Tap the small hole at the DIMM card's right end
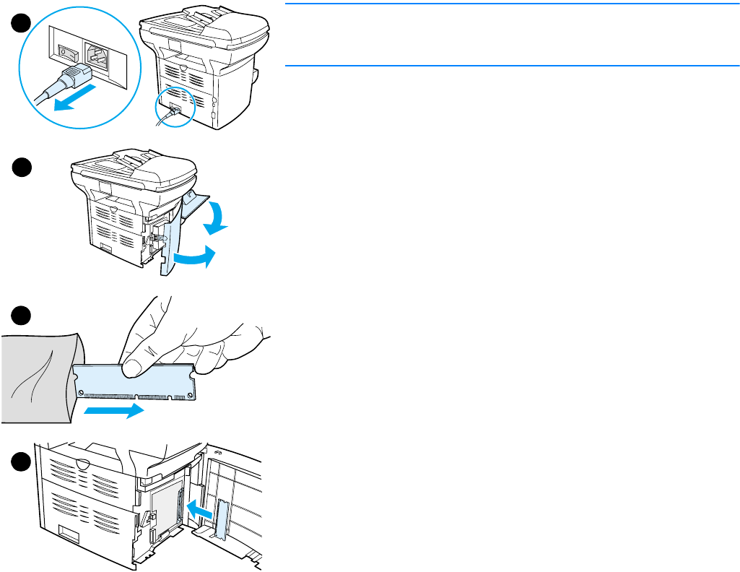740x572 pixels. [191, 394]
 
